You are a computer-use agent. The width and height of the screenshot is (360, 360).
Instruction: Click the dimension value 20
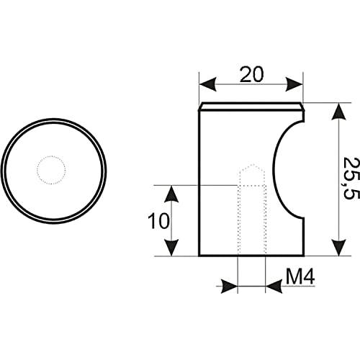click(x=252, y=74)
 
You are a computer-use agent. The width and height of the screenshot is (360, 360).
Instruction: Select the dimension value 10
click(x=158, y=221)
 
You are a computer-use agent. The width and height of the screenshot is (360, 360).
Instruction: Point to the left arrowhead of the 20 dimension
click(x=208, y=84)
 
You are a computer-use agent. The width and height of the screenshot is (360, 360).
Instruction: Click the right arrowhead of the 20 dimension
click(x=294, y=84)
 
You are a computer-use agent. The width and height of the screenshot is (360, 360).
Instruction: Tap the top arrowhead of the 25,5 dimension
click(x=338, y=111)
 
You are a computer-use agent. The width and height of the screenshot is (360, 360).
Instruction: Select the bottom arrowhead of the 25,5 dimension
click(x=338, y=248)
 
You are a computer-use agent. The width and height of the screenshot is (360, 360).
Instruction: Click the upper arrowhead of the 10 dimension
click(x=171, y=194)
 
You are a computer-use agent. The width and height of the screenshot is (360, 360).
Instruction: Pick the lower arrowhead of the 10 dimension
click(x=171, y=248)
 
